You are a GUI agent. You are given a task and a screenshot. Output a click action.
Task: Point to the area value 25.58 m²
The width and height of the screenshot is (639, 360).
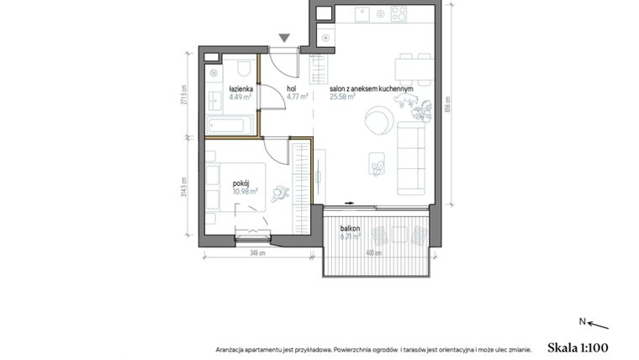point(343,96)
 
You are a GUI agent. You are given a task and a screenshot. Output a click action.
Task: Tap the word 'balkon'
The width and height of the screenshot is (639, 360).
point(351,228)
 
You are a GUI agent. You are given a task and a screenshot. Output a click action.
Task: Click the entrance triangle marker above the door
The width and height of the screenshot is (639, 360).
point(285,37)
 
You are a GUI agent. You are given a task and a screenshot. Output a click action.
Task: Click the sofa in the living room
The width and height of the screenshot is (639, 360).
point(412,156)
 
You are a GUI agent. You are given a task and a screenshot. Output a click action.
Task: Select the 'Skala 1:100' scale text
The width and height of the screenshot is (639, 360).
point(577,347)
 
